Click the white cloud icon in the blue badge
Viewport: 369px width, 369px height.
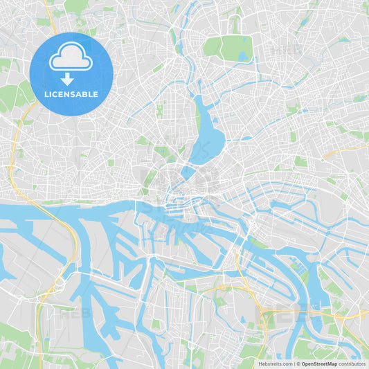(71, 57)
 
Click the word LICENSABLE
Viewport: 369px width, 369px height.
(71, 94)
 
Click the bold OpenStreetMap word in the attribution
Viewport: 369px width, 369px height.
(319, 363)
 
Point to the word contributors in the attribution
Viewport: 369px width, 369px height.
(352, 363)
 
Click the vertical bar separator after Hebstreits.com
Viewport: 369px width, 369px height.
(294, 363)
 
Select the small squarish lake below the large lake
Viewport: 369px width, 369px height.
(188, 170)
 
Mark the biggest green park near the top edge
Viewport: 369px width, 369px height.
(228, 48)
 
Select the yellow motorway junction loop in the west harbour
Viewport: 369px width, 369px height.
(59, 284)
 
